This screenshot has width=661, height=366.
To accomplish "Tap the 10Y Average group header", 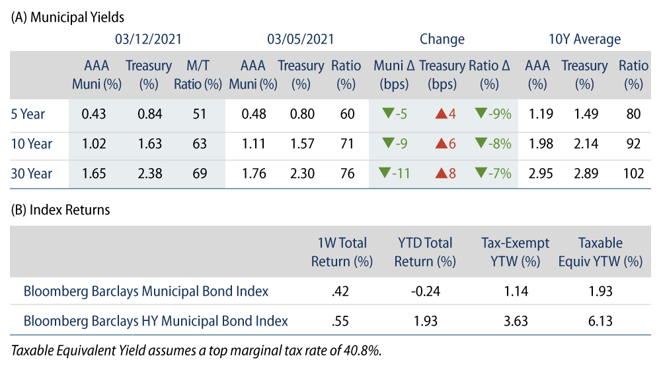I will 584,39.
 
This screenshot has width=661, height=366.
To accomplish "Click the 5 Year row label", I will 28,114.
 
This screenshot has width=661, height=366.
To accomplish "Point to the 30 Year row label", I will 31,174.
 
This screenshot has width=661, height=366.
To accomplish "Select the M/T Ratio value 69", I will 199,174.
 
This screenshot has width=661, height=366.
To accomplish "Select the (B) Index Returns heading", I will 61,210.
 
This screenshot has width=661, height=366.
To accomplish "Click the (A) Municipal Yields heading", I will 67,18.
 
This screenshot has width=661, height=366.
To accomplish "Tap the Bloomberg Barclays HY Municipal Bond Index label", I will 155,321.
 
